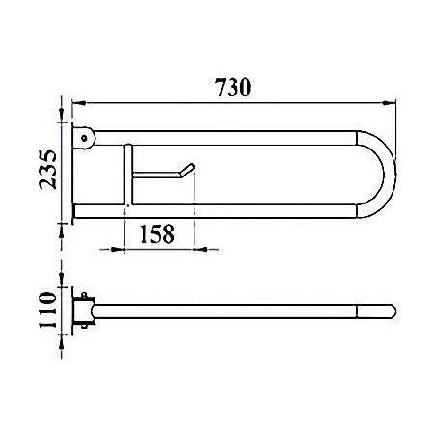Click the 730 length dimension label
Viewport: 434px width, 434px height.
tap(233, 88)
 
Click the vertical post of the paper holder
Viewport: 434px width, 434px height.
tap(126, 174)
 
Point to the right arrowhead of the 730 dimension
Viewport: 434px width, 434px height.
tap(393, 100)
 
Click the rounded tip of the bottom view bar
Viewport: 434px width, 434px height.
tap(389, 312)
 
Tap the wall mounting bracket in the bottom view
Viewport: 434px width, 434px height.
tap(85, 312)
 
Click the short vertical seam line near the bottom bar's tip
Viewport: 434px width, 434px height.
tap(366, 312)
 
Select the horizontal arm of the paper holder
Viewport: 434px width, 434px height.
tap(159, 176)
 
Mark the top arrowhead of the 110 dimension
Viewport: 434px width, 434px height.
tap(64, 289)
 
